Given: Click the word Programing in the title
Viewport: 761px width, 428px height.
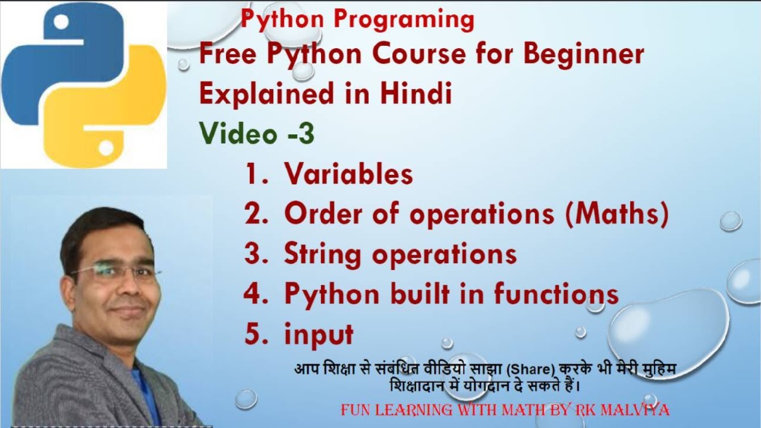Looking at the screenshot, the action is pyautogui.click(x=404, y=20).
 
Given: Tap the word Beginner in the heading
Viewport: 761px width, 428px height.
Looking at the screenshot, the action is pyautogui.click(x=584, y=56).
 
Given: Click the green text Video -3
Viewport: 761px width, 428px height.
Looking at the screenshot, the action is pyautogui.click(x=257, y=133).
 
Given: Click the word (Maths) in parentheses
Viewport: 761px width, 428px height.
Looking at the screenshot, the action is pyautogui.click(x=617, y=214).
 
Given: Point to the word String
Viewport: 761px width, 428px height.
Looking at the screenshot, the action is pyautogui.click(x=322, y=255).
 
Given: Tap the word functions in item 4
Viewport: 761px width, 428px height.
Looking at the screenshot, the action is pyautogui.click(x=556, y=294).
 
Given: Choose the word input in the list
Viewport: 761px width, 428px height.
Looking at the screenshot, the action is pyautogui.click(x=319, y=335).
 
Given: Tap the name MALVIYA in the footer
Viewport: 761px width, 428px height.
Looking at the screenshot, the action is pyautogui.click(x=635, y=410).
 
